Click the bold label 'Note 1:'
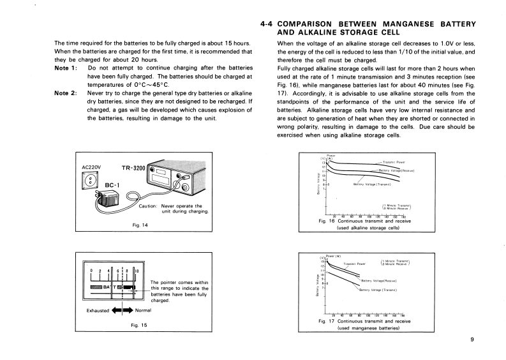pyautogui.click(x=68, y=67)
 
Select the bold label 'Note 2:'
pyautogui.click(x=68, y=93)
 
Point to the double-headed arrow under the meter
pyautogui.click(x=121, y=311)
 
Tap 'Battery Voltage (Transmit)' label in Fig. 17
pyautogui.click(x=378, y=290)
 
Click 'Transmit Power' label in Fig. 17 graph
pyautogui.click(x=354, y=263)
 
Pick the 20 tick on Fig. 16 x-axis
pyautogui.click(x=335, y=216)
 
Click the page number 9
pyautogui.click(x=472, y=339)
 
